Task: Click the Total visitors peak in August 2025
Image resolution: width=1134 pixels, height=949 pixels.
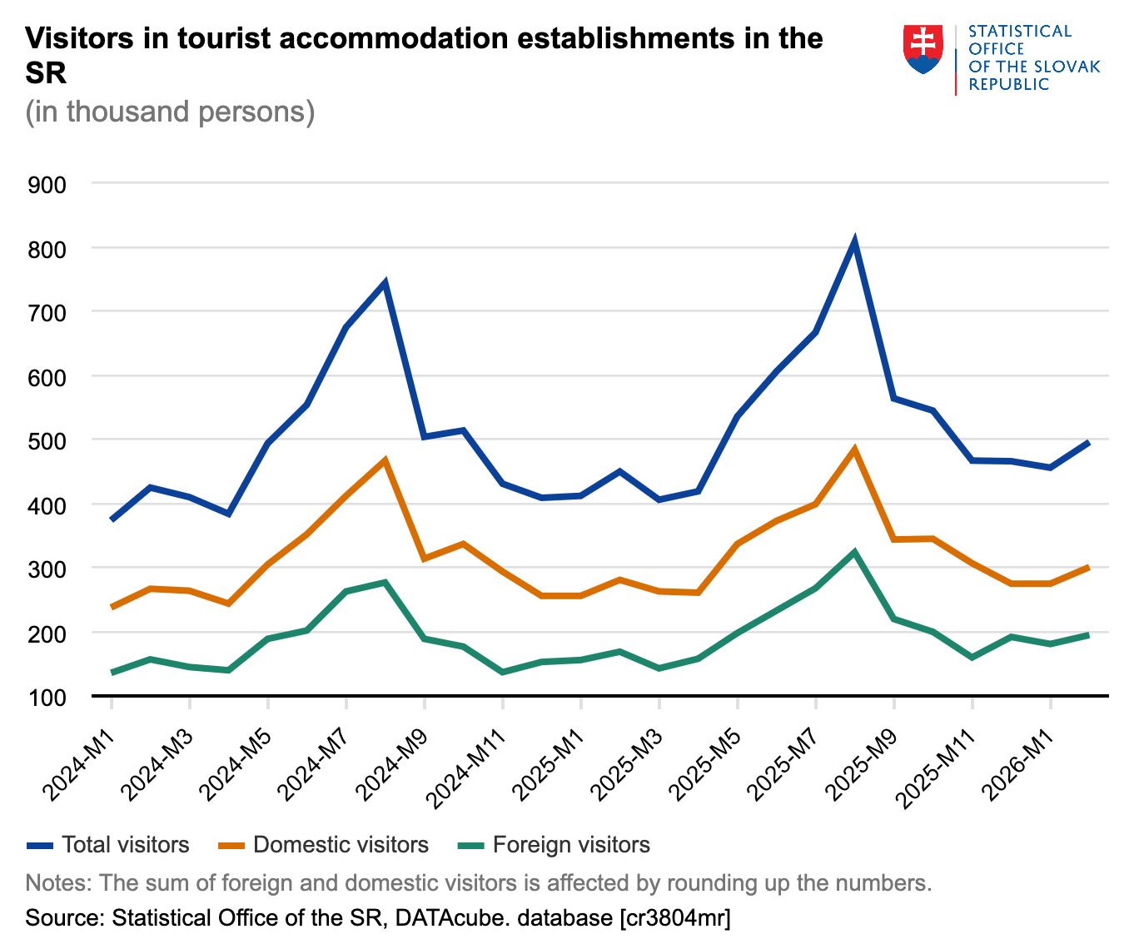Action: coord(854,242)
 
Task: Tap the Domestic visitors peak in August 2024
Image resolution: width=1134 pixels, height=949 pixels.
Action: coord(385,460)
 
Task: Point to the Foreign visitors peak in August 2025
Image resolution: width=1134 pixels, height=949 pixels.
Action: coord(854,552)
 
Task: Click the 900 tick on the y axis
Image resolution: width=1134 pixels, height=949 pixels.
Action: coord(47,184)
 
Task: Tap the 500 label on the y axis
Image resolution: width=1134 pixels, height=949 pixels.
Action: coord(47,440)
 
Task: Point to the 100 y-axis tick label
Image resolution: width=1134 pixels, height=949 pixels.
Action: coord(47,697)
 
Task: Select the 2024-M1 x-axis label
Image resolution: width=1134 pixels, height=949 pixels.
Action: coord(81,763)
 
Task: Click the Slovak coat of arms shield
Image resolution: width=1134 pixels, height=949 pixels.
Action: coord(923,49)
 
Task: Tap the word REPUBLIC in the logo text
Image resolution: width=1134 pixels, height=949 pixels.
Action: coord(1008,84)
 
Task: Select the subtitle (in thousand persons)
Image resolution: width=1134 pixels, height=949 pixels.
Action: coord(170,111)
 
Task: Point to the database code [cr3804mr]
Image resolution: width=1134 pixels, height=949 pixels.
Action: coord(674,918)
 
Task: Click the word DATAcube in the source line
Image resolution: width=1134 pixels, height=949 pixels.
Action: coord(443,918)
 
